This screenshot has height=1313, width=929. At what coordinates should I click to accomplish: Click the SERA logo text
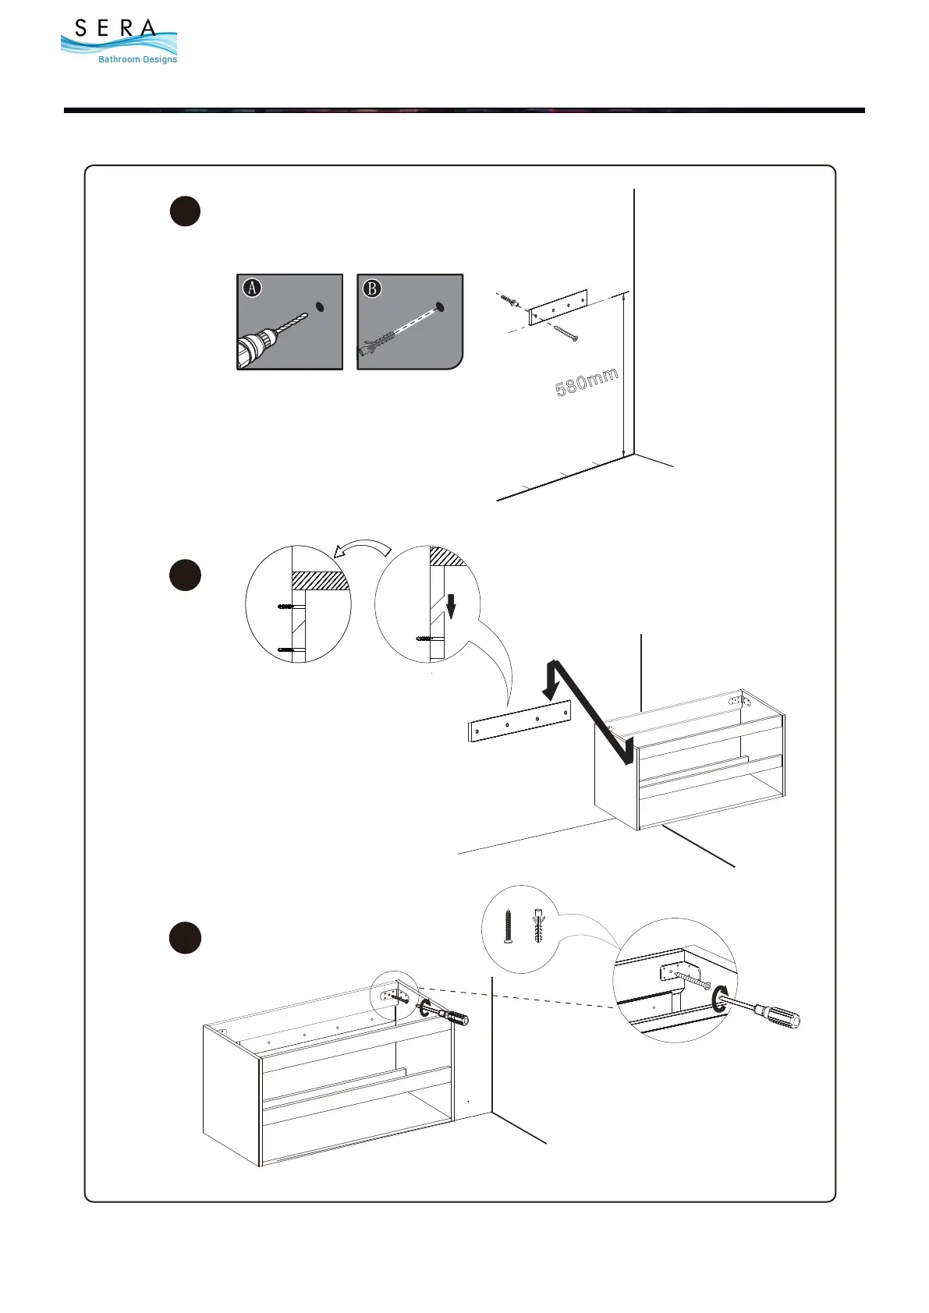point(115,29)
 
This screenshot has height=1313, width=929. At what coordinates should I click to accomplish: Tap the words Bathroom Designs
point(137,59)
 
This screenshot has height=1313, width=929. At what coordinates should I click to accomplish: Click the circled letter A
point(252,288)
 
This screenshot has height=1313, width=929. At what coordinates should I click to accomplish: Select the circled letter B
point(372,288)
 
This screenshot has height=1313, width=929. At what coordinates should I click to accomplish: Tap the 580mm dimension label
point(587,382)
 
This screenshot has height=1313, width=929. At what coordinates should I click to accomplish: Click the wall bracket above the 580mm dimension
point(557,306)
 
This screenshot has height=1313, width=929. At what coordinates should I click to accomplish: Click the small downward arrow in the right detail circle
point(451,606)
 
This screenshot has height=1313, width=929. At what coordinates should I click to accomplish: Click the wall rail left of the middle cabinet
point(519,720)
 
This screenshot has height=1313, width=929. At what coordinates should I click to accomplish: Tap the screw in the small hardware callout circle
point(508,925)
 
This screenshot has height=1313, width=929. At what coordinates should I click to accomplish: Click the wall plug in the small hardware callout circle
point(538,925)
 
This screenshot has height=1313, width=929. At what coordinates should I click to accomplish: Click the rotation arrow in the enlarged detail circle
point(720,998)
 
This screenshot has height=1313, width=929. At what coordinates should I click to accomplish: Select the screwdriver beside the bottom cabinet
point(449,1015)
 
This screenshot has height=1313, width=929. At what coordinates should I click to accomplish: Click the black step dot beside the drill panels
point(185,211)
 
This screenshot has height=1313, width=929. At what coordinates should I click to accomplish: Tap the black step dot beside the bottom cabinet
point(185,938)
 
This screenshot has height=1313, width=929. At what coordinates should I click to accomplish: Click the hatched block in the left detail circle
point(319,580)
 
